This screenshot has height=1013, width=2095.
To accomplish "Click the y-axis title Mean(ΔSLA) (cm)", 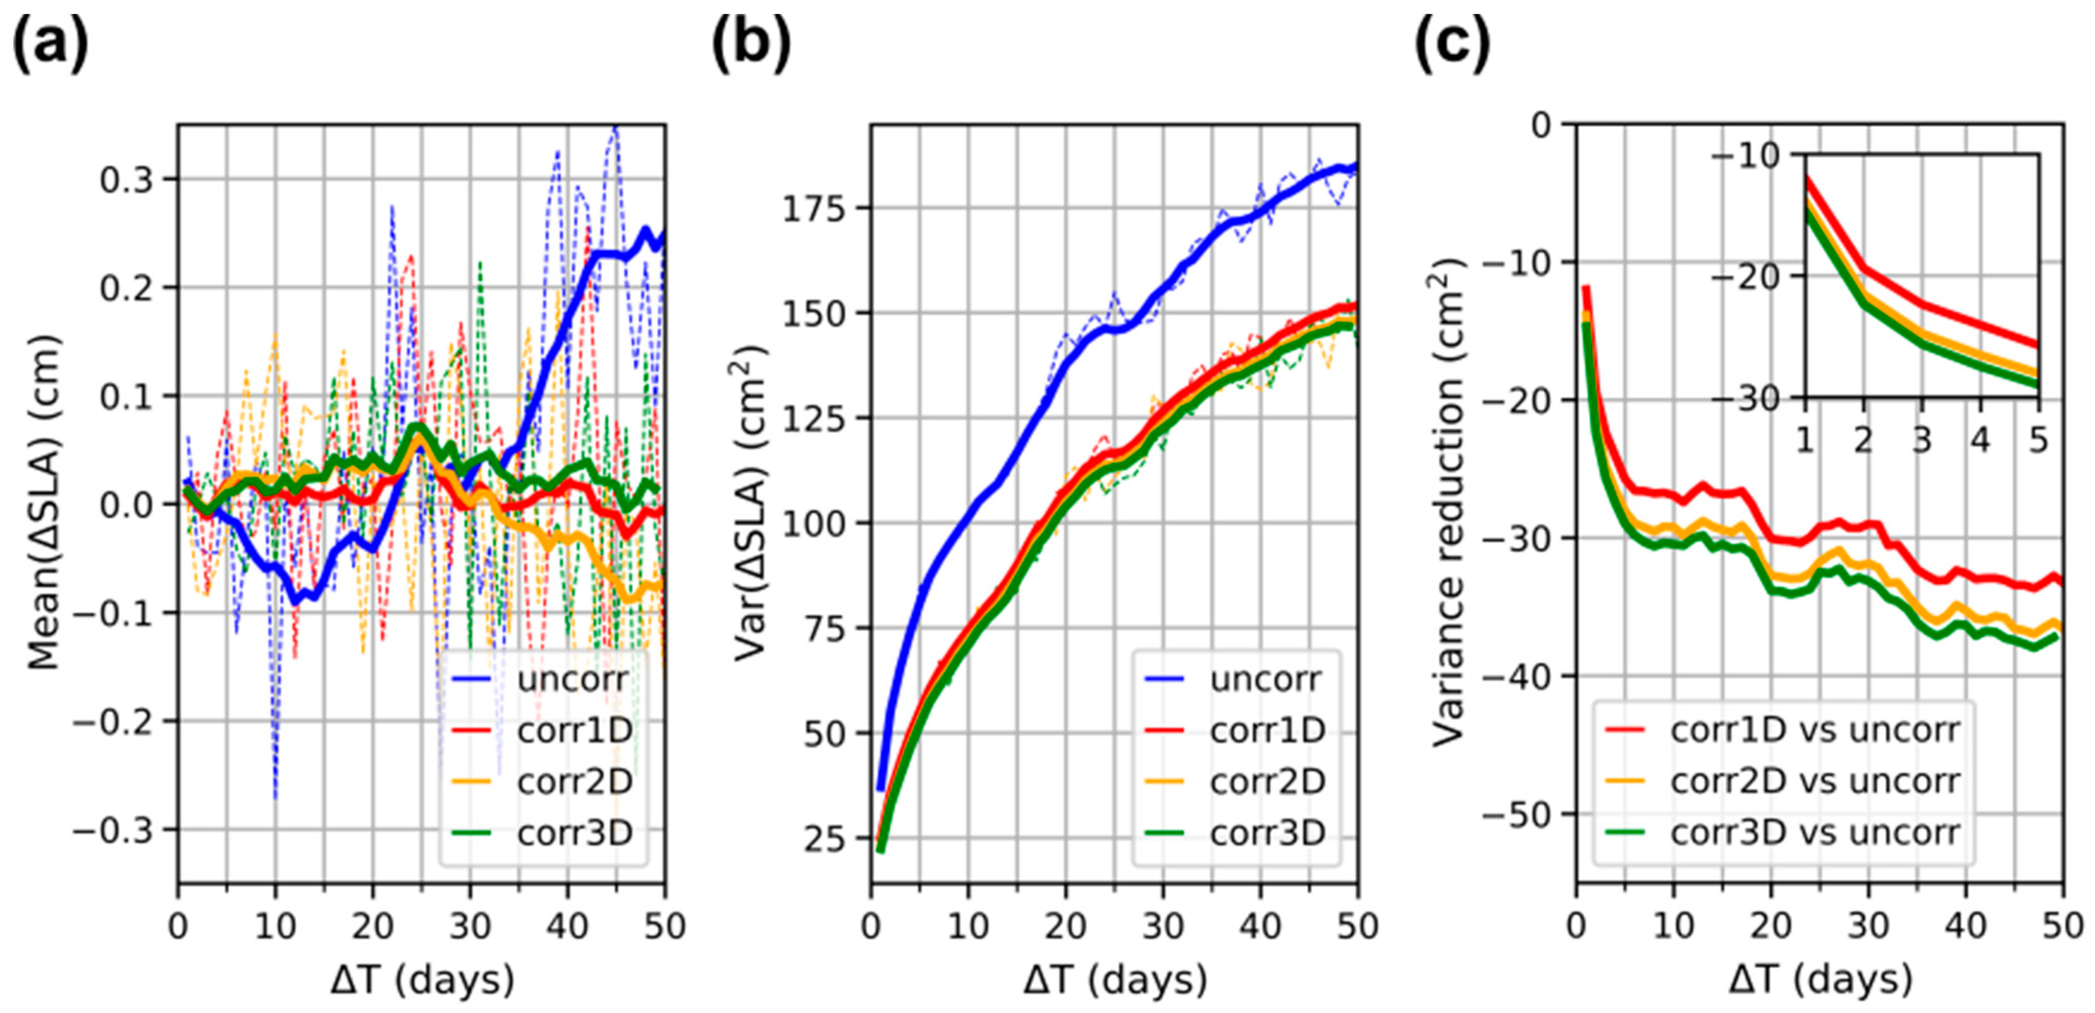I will [x=45, y=504].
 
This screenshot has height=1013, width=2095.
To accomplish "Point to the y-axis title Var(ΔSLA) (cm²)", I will [x=750, y=504].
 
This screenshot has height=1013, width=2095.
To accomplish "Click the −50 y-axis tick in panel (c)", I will [x=1519, y=814].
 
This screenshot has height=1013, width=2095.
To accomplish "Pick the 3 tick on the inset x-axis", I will [x=1922, y=440].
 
